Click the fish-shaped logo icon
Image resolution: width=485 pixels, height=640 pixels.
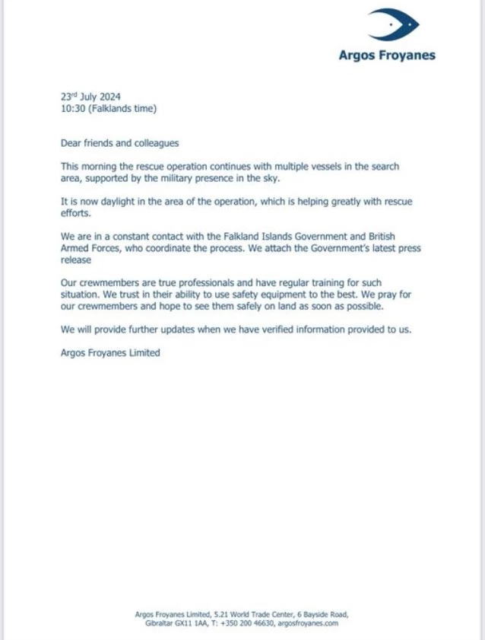click(x=393, y=25)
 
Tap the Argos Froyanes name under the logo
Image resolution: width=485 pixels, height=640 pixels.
click(x=387, y=55)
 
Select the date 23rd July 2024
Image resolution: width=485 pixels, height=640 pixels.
click(x=90, y=97)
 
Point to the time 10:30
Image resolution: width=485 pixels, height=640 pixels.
click(x=72, y=109)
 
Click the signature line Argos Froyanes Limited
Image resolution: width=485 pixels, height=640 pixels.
click(x=110, y=353)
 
